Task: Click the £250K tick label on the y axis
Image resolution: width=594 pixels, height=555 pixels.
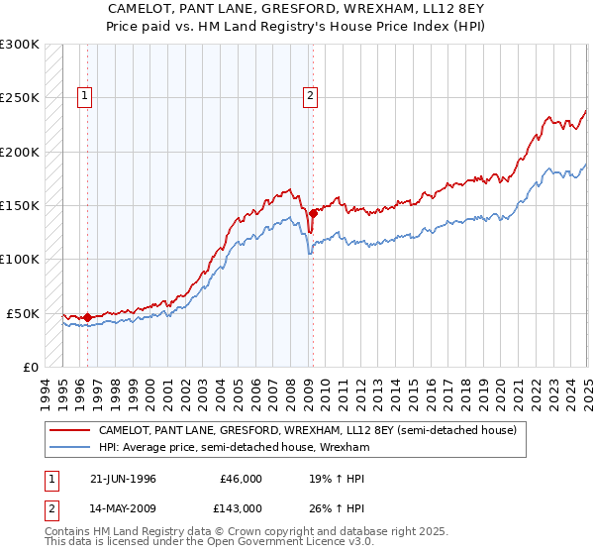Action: pos(20,98)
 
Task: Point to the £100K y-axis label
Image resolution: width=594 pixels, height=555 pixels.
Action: pos(20,260)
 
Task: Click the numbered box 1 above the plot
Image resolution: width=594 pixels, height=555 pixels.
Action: pos(84,96)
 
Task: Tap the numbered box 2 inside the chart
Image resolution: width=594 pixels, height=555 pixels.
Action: pos(310,96)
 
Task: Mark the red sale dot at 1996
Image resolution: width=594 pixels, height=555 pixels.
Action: pos(88,317)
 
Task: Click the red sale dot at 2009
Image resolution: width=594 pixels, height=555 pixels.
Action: pos(313,213)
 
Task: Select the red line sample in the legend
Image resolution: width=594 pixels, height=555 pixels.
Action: pos(69,431)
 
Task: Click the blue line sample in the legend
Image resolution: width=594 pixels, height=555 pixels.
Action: pos(69,448)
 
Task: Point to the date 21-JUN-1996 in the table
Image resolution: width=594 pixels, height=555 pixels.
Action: pos(125,479)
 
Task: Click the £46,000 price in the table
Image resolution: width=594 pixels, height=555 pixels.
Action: pos(241,479)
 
